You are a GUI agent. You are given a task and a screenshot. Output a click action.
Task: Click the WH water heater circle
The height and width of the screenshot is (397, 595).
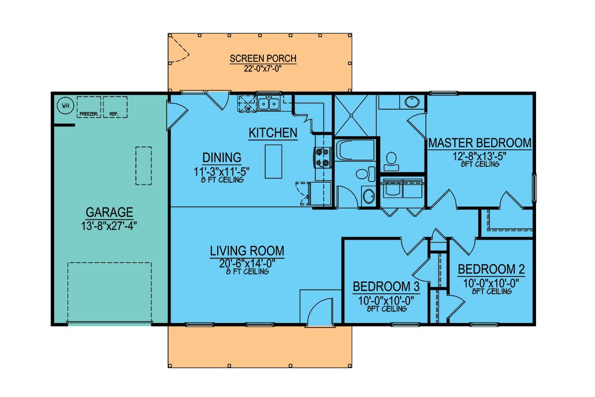pos(65,106)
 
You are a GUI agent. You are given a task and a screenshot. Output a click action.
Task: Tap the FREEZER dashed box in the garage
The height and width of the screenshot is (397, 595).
pos(89,107)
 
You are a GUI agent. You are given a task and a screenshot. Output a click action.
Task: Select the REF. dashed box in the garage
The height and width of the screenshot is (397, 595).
pos(115,107)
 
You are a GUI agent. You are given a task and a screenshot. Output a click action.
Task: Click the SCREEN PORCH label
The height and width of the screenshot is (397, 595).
pos(263,59)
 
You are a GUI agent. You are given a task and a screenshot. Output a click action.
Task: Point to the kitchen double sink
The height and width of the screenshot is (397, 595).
pos(269,103)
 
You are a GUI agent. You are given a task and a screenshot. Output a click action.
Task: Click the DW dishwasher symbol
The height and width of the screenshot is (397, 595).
pos(247,103)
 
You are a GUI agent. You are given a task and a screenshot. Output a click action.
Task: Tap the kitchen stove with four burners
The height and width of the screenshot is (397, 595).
pos(323,157)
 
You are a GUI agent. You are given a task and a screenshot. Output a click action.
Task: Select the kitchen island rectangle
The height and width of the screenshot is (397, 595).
pos(273,161)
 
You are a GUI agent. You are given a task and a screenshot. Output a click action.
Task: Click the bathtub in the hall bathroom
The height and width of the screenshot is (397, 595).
pos(355,150)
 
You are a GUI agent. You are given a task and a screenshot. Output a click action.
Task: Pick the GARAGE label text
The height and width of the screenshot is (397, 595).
pos(109,212)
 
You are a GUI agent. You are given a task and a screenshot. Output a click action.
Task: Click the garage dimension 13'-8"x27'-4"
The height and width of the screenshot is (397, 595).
pos(109,226)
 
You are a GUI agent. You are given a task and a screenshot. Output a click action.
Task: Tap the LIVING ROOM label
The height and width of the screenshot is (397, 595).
pos(247,251)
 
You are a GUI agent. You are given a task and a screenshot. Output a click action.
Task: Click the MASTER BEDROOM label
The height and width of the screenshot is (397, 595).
pos(480,143)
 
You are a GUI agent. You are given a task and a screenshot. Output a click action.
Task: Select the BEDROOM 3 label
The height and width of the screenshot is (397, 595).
pos(386,287)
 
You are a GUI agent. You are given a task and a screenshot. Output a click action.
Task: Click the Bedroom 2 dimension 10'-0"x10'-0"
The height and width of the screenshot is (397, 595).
pos(491,283)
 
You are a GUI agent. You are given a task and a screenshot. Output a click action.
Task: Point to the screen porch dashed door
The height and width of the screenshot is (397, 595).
pos(179,50)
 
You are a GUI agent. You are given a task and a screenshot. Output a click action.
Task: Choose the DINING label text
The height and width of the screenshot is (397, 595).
pos(222,158)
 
